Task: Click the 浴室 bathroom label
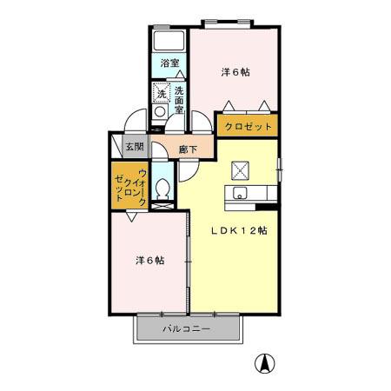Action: coord(169,63)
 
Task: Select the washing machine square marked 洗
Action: coord(162,92)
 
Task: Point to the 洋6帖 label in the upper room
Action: coord(235,73)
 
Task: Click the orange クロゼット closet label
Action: coord(249,127)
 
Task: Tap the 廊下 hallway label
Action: coord(188,149)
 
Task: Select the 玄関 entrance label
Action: coord(135,147)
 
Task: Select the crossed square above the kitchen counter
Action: coord(240,169)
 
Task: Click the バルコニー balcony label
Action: coord(186,329)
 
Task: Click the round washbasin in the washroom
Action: coord(161,112)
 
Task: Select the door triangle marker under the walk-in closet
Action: coord(129,219)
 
